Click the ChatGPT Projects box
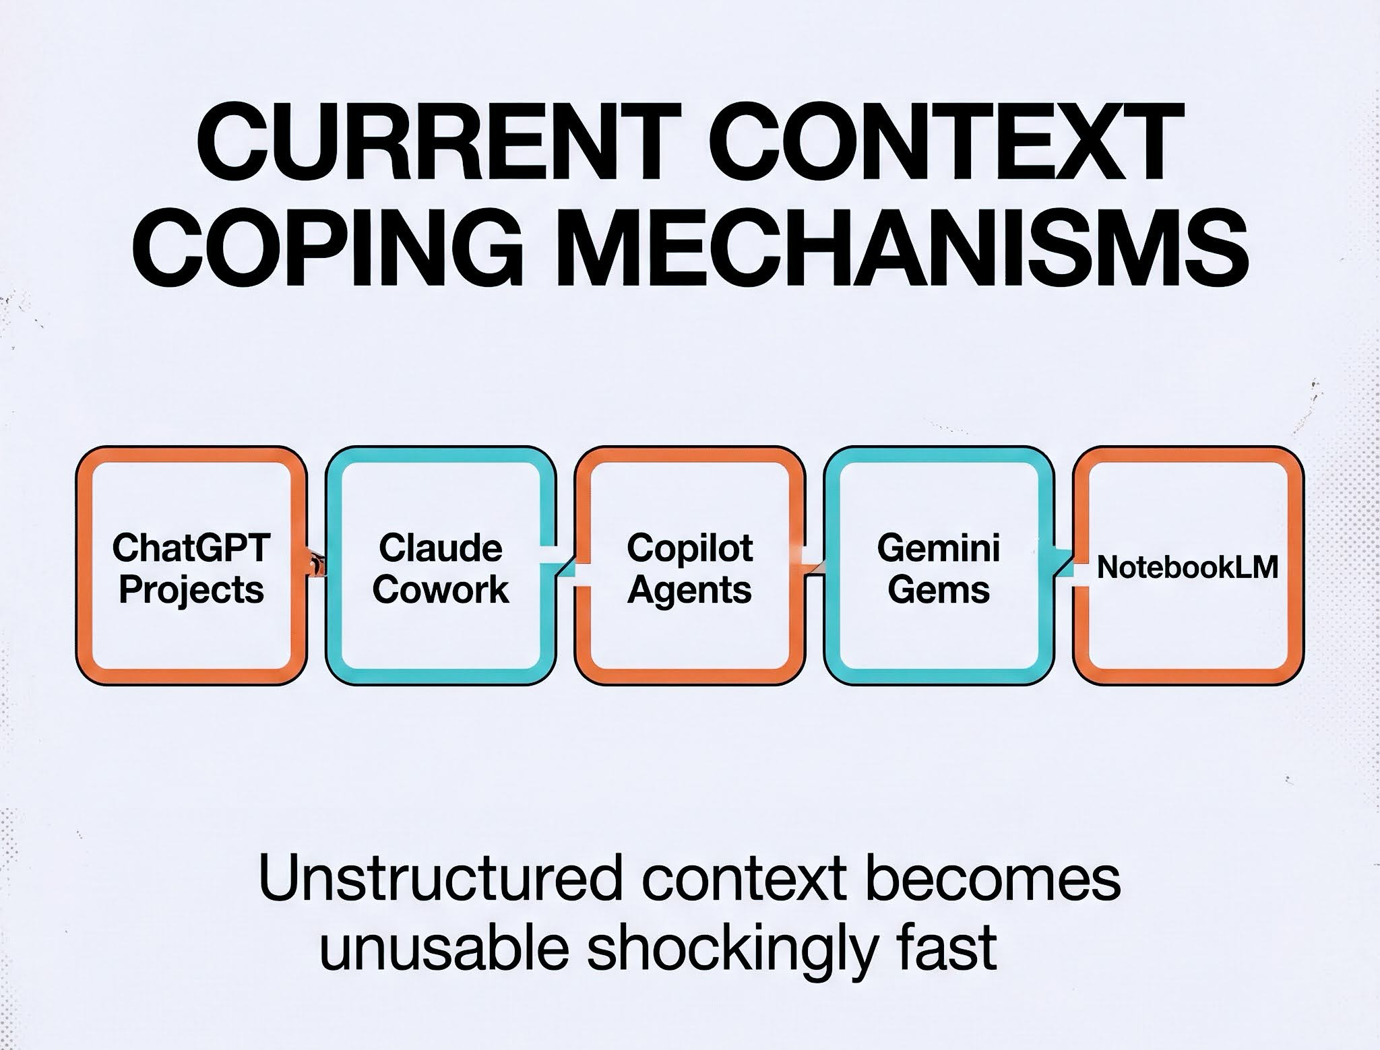pos(191,566)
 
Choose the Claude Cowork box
pos(441,566)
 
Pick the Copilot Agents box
pos(689,566)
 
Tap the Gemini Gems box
pos(939,566)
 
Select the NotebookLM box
pos(1187,566)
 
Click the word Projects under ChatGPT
pos(191,590)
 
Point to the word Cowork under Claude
pos(441,590)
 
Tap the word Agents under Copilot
pos(689,590)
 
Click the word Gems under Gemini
pos(939,590)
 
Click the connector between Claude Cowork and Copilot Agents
pos(565,563)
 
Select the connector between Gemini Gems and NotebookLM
pos(1063,563)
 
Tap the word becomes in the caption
pos(993,879)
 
